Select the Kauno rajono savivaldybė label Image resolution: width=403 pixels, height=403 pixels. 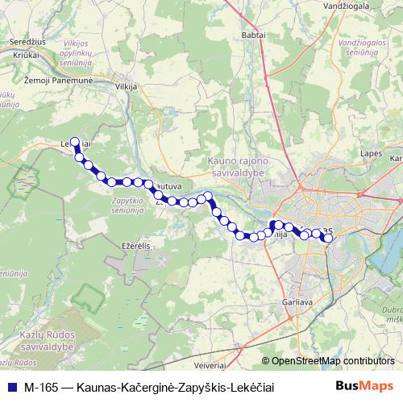[243, 166]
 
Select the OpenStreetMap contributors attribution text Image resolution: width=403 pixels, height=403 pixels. [333, 361]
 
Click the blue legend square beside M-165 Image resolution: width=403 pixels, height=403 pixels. [10, 387]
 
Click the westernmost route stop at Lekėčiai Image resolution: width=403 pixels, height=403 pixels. [75, 140]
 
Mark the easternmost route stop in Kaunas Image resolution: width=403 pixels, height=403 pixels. [328, 238]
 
